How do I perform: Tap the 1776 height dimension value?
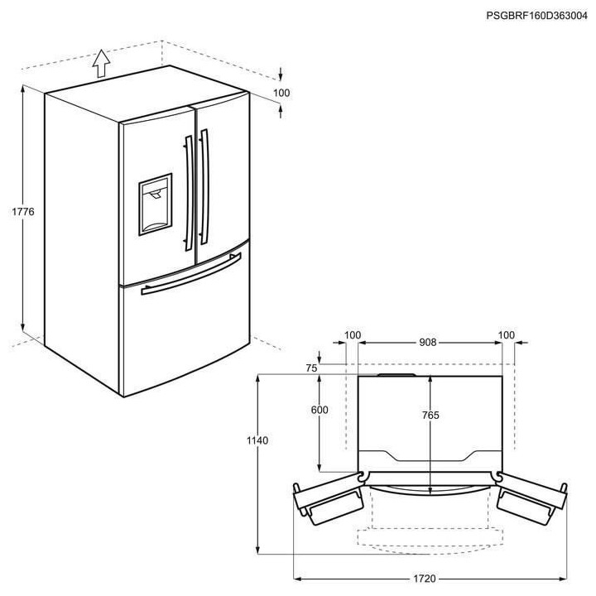pos(23,213)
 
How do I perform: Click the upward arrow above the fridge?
pos(101,62)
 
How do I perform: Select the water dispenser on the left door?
pos(155,204)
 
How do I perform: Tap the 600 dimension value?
pos(320,411)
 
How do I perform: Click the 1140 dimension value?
pos(257,441)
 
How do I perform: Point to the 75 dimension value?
pos(311,368)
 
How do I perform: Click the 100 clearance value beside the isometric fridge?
pos(281,94)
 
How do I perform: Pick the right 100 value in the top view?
pos(507,335)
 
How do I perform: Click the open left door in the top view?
pos(329,502)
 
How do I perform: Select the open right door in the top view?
pos(531,502)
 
